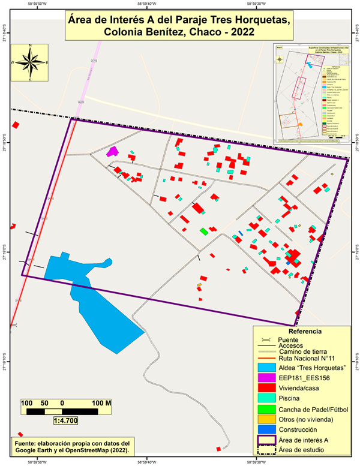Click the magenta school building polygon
coord(112,152)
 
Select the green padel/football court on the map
coord(204,231)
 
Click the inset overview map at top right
coord(311,93)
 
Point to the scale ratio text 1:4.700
coord(65,421)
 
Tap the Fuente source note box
coord(74,446)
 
